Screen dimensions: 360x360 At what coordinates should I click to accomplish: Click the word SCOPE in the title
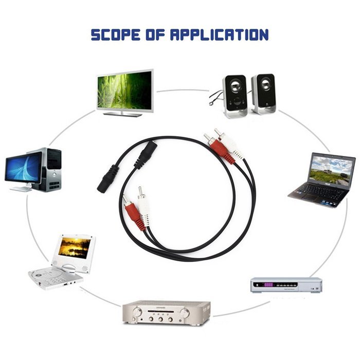pos(116,34)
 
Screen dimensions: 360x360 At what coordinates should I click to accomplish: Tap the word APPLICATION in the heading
pos(219,34)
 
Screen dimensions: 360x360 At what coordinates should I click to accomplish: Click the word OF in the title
pos(155,34)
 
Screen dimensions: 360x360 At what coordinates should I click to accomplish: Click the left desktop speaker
pos(235,96)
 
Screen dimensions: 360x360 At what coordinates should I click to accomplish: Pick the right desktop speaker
pos(263,94)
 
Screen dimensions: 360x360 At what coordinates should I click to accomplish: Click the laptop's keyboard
pos(321,192)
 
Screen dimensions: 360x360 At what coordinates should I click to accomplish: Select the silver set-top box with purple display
pos(286,285)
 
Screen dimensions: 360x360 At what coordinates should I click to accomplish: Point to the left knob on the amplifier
pos(137,312)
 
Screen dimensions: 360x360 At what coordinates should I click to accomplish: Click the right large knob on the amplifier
pos(185,313)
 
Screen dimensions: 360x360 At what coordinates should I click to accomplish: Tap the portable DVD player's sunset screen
pos(75,248)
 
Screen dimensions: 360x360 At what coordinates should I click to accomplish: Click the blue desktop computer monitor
pos(23,169)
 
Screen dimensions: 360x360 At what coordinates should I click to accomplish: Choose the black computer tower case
pos(52,170)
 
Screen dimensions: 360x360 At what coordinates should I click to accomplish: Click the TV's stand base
pos(123,114)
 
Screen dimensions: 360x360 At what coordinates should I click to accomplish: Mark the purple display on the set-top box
pos(268,285)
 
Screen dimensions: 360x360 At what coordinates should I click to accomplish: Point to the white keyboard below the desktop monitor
pos(21,189)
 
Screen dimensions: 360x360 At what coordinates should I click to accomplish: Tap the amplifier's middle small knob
pos(160,319)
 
